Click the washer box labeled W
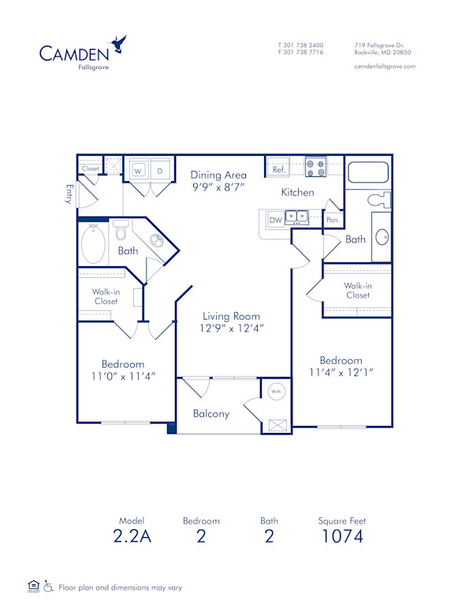click(137, 170)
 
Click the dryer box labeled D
click(158, 170)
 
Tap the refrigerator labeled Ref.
click(279, 169)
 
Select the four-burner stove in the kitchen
click(315, 167)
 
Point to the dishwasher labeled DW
click(276, 220)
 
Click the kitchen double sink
click(297, 217)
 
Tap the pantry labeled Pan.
click(333, 220)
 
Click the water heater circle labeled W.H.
click(277, 391)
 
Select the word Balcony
click(210, 413)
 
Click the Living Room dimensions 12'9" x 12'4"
click(221, 328)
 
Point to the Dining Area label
click(218, 175)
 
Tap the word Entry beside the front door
click(69, 195)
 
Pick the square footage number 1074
click(341, 537)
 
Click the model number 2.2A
click(132, 537)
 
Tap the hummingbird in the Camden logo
click(120, 44)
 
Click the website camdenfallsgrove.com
click(385, 66)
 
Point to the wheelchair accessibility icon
click(49, 587)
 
